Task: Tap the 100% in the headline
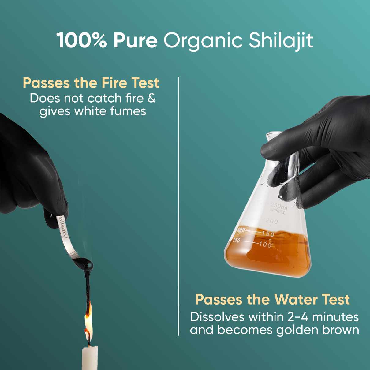81,40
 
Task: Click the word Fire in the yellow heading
114,83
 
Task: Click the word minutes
335,317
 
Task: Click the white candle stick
90,358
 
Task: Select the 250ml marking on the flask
278,206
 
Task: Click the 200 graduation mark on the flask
272,222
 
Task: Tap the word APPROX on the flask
277,211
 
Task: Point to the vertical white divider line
178,206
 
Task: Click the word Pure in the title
135,40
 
